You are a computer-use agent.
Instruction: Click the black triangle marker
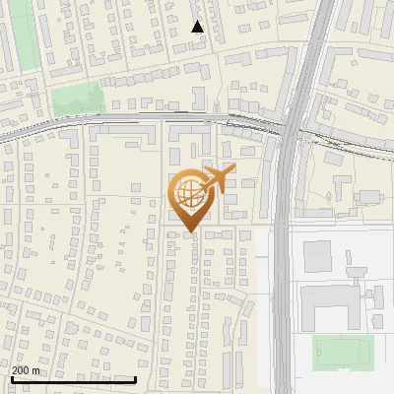[x=198, y=27]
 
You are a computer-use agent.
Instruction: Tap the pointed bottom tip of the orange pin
[x=188, y=232]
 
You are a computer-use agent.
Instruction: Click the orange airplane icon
[x=219, y=177]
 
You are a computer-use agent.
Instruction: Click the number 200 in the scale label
[x=22, y=370]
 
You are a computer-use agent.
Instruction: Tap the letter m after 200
[x=36, y=370]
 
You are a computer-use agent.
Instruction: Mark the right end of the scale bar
[x=136, y=379]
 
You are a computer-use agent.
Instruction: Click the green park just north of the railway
[x=77, y=98]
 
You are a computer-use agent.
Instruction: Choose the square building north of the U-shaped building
[x=317, y=256]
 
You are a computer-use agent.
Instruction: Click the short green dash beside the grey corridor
[x=262, y=258]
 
